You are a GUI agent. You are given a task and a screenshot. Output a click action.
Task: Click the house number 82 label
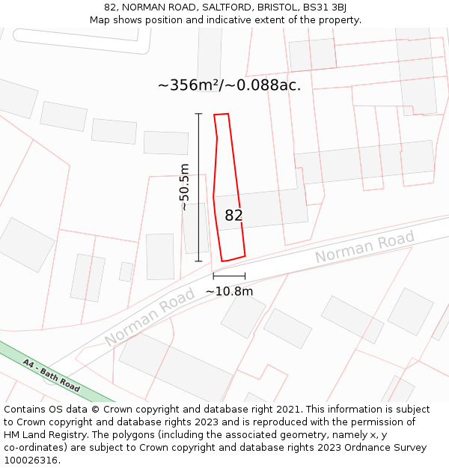pyautogui.click(x=233, y=216)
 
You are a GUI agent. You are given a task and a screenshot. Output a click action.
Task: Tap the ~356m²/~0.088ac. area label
pyautogui.click(x=229, y=85)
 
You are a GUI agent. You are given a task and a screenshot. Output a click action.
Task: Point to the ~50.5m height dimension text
pyautogui.click(x=184, y=187)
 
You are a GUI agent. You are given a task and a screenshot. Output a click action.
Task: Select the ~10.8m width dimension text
pyautogui.click(x=229, y=291)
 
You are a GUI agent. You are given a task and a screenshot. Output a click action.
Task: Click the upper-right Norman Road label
pyautogui.click(x=364, y=248)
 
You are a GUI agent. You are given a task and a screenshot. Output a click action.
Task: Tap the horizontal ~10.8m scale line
pyautogui.click(x=229, y=276)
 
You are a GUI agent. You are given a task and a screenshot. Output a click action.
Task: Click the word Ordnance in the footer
pyautogui.click(x=355, y=448)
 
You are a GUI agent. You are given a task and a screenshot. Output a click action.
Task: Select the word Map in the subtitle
pyautogui.click(x=100, y=20)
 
